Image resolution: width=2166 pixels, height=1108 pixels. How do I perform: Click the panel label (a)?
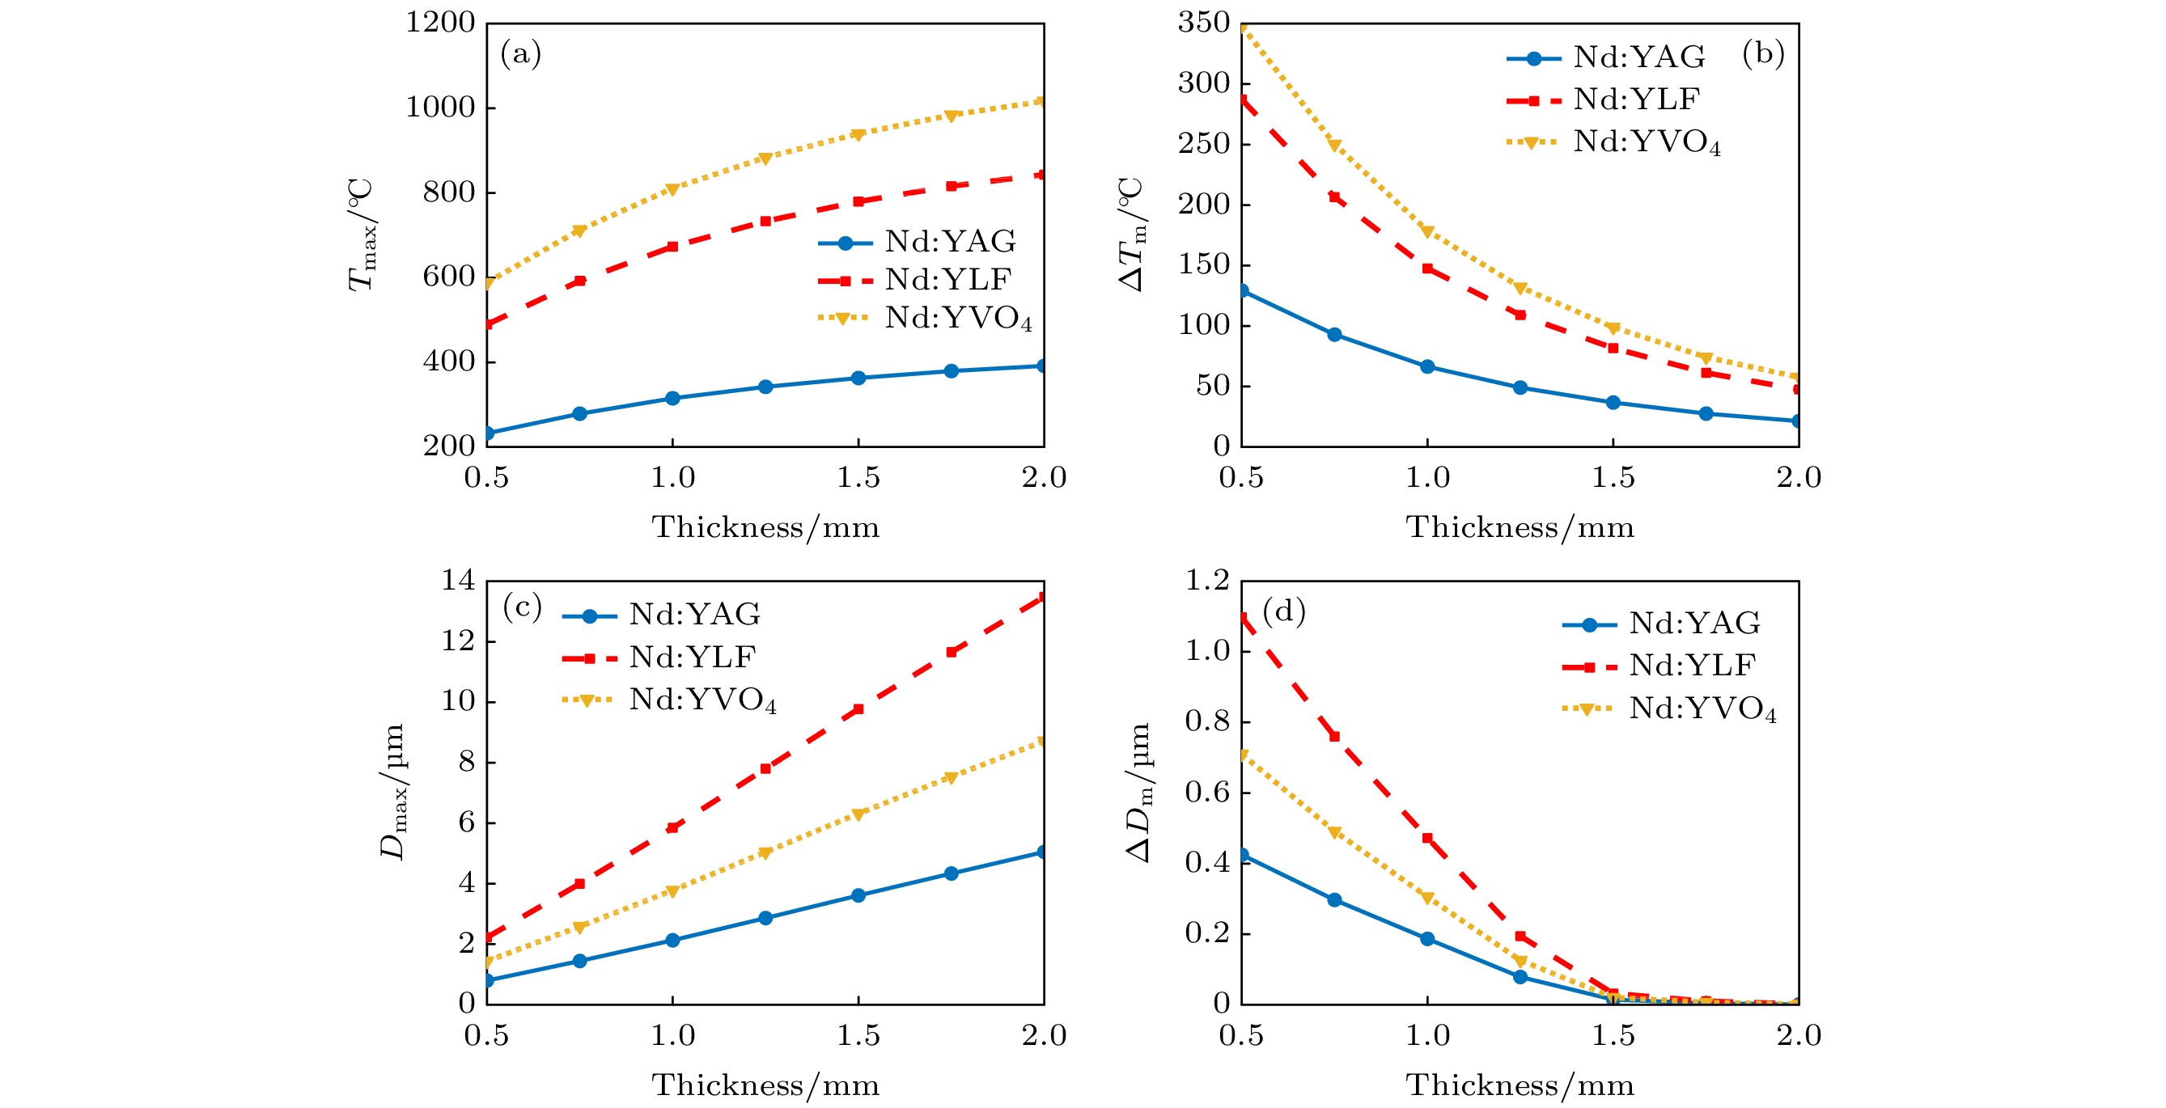(520, 55)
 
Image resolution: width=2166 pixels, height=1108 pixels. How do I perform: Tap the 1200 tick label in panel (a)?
(441, 23)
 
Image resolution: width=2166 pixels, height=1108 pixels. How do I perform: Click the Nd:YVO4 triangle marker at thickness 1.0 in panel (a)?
(672, 189)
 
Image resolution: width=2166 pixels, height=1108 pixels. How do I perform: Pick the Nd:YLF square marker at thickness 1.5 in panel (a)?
(858, 201)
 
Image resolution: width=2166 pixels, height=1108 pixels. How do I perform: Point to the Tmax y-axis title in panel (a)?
(362, 235)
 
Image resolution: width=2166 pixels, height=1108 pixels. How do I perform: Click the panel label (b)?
(1762, 55)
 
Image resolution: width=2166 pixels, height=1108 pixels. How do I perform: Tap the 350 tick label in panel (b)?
(1203, 23)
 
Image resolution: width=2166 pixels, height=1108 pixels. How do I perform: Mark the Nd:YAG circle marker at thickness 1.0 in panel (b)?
(1427, 366)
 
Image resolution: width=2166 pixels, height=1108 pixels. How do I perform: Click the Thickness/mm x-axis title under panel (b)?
(1520, 528)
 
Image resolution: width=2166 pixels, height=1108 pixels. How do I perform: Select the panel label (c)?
(522, 607)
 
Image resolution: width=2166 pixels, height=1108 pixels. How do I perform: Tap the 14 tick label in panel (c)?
(458, 580)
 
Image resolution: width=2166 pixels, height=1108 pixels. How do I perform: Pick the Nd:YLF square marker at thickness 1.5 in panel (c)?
(858, 709)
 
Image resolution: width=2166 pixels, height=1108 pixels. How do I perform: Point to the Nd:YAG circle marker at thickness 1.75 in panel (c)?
(951, 873)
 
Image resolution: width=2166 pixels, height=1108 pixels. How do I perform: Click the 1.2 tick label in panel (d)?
(1206, 580)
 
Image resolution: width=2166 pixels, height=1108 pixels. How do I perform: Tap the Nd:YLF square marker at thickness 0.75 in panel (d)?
(1334, 737)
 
